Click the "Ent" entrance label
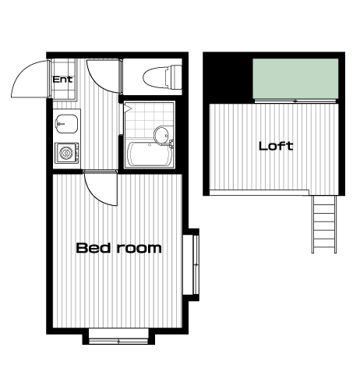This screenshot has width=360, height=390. coord(62,80)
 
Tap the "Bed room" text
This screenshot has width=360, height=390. coord(118,248)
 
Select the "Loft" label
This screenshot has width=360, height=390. coord(276,146)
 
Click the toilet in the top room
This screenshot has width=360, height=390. coord(162,77)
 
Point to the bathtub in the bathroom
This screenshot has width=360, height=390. coord(150,154)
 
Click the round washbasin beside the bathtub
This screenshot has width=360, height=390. coord(161,135)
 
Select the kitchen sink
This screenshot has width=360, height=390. coord(66,124)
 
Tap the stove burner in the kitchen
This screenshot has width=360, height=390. coord(66,153)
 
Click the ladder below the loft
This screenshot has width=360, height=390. coord(324,224)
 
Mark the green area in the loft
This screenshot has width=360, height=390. coord(295,79)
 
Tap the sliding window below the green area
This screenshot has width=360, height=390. coord(295,101)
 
